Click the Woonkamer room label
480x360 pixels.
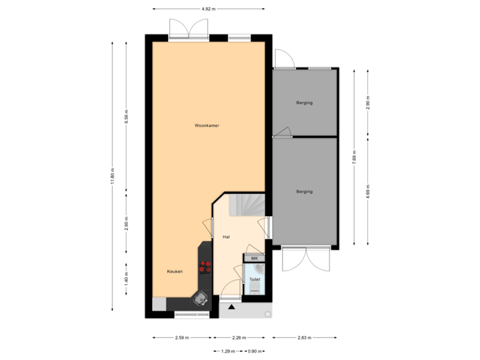pos(207,125)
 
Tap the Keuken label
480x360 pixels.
pos(175,272)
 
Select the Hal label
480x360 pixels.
pos(226,237)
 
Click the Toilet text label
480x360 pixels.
pos(254,279)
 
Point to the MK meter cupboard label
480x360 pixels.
pos(254,258)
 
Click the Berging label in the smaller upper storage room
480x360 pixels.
pos(304,103)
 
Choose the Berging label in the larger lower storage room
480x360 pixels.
pos(304,192)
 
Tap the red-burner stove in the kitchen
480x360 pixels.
pos(205,267)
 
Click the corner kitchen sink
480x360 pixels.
pos(199,298)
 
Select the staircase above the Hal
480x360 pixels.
pos(247,204)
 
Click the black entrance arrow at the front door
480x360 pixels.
pos(231,307)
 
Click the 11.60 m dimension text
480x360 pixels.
pos(113,176)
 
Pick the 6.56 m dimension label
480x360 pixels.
pos(127,116)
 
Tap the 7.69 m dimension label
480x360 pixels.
pos(355,158)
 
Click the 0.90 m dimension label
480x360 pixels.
pos(254,351)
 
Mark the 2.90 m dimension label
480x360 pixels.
pos(367,101)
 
